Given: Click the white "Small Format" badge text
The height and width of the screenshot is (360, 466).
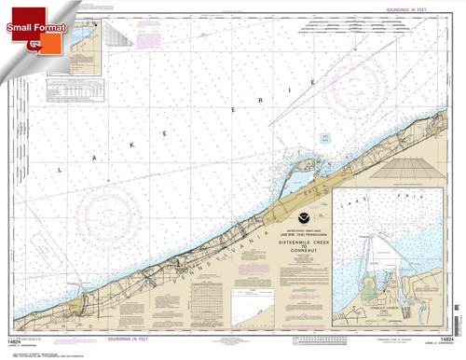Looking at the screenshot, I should click(x=35, y=28).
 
